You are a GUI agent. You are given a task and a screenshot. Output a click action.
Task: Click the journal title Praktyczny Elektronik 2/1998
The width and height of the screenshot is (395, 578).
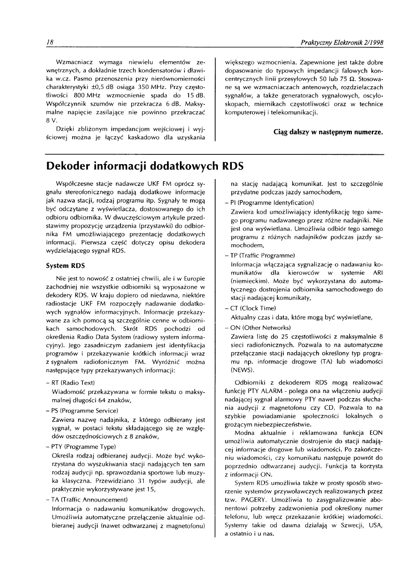[342, 43]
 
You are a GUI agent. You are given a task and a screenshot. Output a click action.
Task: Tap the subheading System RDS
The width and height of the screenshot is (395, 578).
[66, 267]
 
